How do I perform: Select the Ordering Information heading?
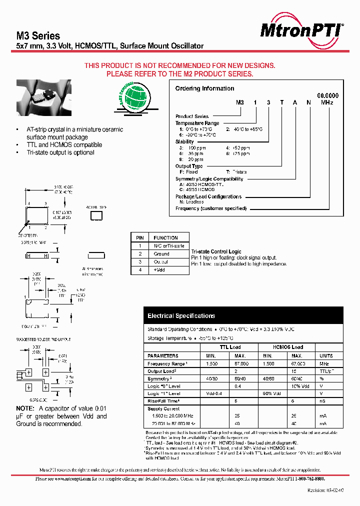point(204,88)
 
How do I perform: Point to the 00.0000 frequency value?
point(328,95)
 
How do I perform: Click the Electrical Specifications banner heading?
point(181,316)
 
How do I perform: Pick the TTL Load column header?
point(230,347)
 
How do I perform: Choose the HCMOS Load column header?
point(288,347)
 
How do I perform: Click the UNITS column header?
point(325,355)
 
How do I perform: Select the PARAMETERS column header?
point(163,355)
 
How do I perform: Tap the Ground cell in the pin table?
point(161,254)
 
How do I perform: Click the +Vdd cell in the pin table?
point(159,270)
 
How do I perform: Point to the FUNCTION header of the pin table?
point(165,238)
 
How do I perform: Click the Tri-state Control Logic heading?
point(216,251)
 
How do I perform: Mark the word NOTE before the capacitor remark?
point(25,408)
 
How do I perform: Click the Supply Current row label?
point(164,409)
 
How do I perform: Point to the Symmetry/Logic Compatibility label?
point(209,179)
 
